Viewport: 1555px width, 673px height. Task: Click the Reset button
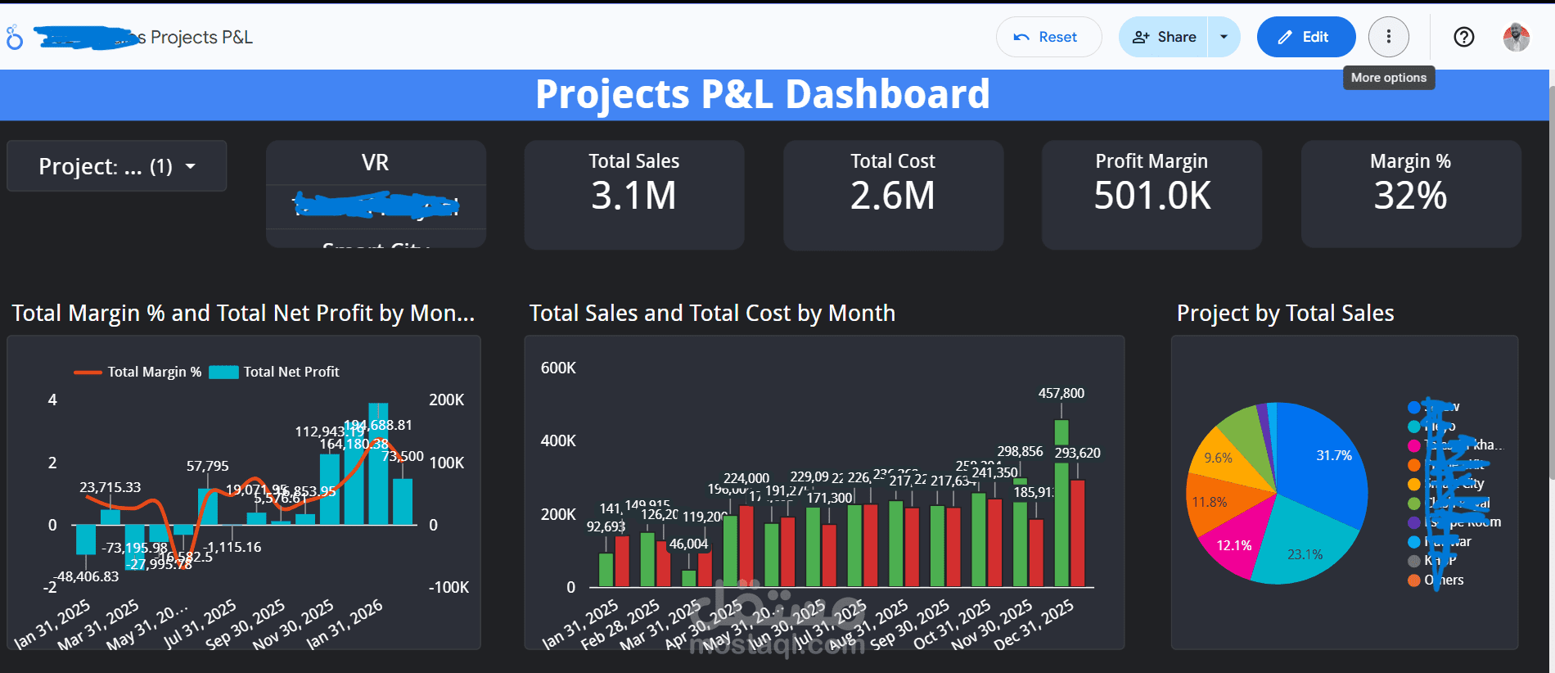(1048, 37)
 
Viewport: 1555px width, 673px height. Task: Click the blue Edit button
(1305, 37)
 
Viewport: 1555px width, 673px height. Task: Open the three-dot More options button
(1388, 37)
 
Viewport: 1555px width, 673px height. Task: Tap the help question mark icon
(1463, 37)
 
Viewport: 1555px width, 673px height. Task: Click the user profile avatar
(1516, 37)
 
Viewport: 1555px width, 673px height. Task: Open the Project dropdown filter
(117, 166)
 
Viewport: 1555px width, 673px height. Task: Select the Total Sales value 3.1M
(633, 196)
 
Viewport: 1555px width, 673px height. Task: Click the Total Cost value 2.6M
(892, 196)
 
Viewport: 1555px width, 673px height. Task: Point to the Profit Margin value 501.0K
(1152, 196)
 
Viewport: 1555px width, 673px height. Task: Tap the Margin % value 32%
(1410, 196)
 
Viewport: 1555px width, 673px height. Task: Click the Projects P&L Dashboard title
(762, 94)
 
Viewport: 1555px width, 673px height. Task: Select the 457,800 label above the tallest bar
(1061, 393)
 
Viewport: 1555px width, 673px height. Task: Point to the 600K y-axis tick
(558, 368)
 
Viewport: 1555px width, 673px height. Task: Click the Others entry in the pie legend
(1444, 580)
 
